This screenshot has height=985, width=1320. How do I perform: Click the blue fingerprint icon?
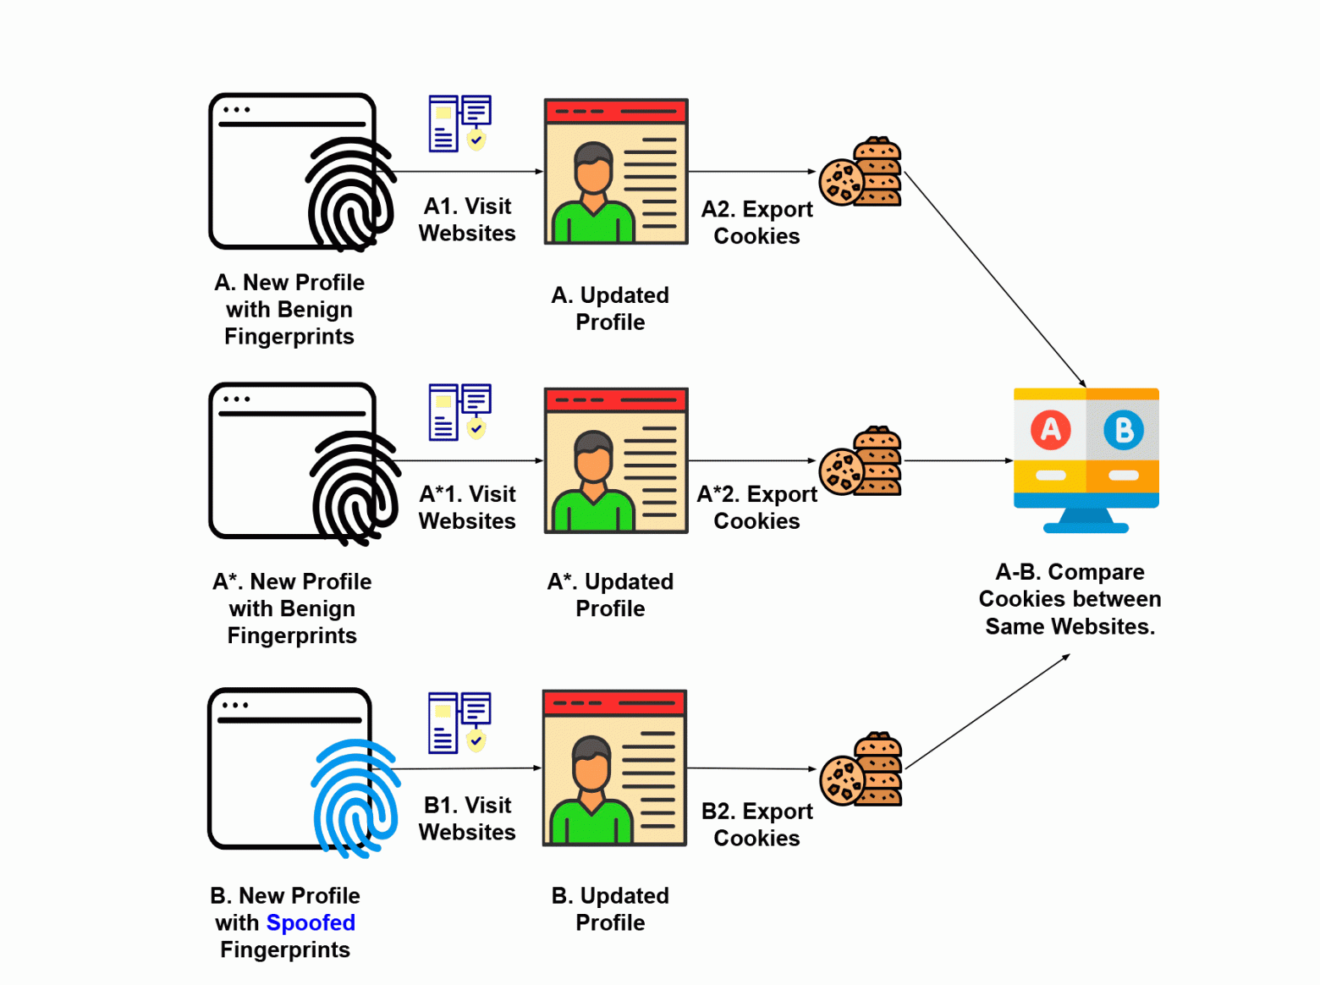[355, 798]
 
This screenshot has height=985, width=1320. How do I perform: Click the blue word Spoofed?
[311, 922]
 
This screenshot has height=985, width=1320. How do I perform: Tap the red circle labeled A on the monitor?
[1050, 430]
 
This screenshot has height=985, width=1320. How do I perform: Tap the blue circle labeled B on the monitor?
[1124, 430]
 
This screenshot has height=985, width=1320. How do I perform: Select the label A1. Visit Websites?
[467, 219]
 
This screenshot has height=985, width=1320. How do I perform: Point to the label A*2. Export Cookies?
[756, 507]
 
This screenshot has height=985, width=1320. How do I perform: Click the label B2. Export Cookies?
[756, 824]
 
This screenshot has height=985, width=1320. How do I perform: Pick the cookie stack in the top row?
[861, 173]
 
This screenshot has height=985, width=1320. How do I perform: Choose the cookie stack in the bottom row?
[861, 770]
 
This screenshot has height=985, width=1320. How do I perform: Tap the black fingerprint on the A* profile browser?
[355, 488]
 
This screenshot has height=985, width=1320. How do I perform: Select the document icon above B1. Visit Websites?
[459, 722]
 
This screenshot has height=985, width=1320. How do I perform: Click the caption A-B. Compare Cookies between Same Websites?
[1070, 599]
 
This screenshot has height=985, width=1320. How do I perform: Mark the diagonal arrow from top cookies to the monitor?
[994, 279]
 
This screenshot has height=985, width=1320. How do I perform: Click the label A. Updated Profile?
[610, 308]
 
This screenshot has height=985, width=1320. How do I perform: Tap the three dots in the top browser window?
[237, 110]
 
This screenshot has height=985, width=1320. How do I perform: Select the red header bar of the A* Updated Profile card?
[616, 399]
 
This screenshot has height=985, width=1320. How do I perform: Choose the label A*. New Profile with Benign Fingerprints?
[292, 608]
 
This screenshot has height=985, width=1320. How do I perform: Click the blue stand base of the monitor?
[1086, 528]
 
